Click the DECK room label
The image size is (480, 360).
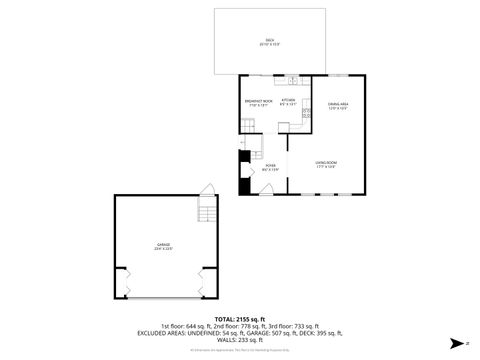coord(269,42)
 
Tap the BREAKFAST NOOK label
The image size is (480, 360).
coord(258,102)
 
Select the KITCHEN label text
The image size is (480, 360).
coord(288,101)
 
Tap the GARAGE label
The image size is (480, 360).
coord(163,245)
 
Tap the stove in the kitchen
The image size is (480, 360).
coord(308,116)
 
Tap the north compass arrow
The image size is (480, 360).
coord(455,343)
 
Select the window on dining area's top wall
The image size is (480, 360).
coord(339,76)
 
